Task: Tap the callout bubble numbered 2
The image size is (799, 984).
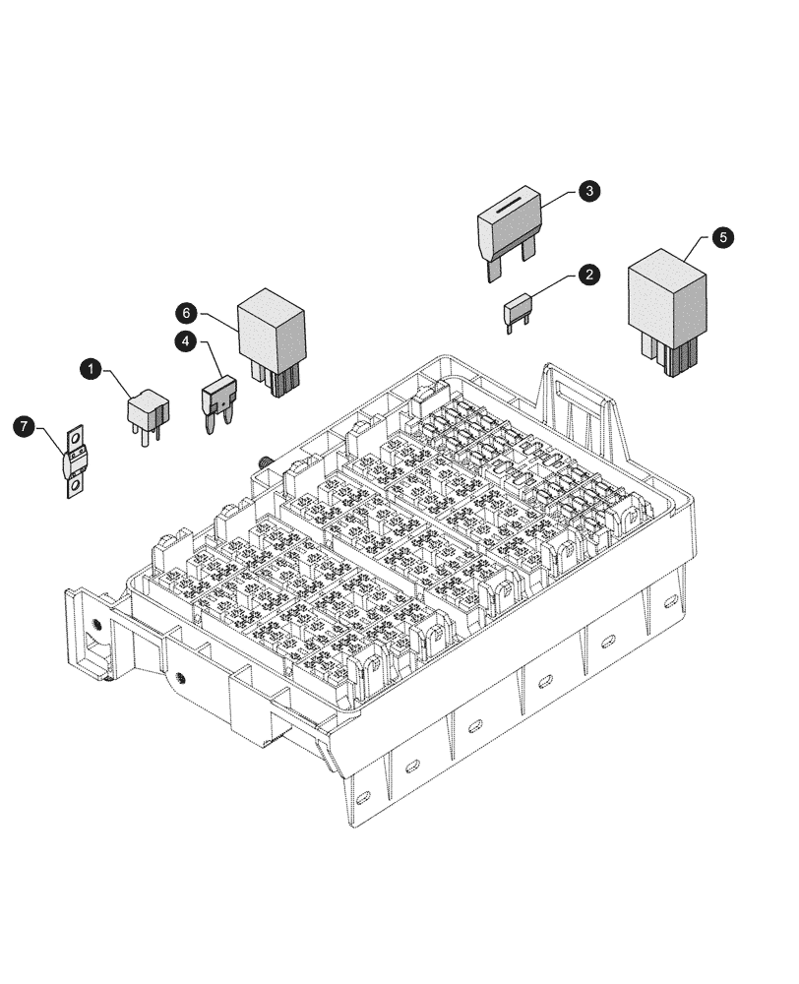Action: tap(588, 275)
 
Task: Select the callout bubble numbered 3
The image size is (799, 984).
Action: tap(588, 191)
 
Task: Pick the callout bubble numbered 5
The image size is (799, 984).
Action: tap(723, 238)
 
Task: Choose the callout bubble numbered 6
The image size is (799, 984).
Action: tap(187, 312)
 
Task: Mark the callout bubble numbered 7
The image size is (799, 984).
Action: tap(25, 426)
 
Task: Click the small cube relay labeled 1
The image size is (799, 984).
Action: tap(148, 409)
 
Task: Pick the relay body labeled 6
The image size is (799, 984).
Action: tap(272, 333)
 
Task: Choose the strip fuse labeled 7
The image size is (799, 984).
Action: tap(75, 461)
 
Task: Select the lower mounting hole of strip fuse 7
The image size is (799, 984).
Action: tap(75, 485)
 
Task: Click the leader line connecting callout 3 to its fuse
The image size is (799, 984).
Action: tap(557, 198)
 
